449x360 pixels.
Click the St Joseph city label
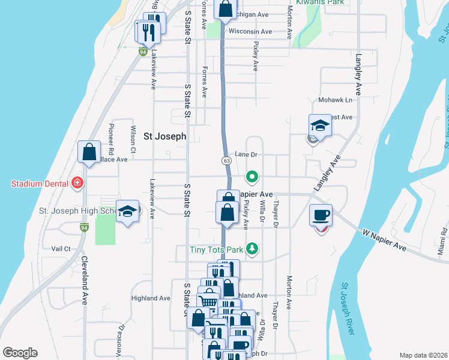pos(165,136)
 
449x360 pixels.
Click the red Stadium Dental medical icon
pos(76,182)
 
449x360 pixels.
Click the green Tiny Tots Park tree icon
pos(253,248)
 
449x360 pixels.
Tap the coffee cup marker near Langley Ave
pos(321,215)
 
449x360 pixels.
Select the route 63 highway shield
pos(226,161)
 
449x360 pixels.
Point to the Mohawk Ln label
pos(340,100)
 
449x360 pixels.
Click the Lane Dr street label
pos(246,154)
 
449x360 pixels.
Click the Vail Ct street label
pos(61,248)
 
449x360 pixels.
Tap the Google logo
pos(20,353)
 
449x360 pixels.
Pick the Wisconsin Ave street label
pos(250,32)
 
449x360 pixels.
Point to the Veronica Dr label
pos(121,340)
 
